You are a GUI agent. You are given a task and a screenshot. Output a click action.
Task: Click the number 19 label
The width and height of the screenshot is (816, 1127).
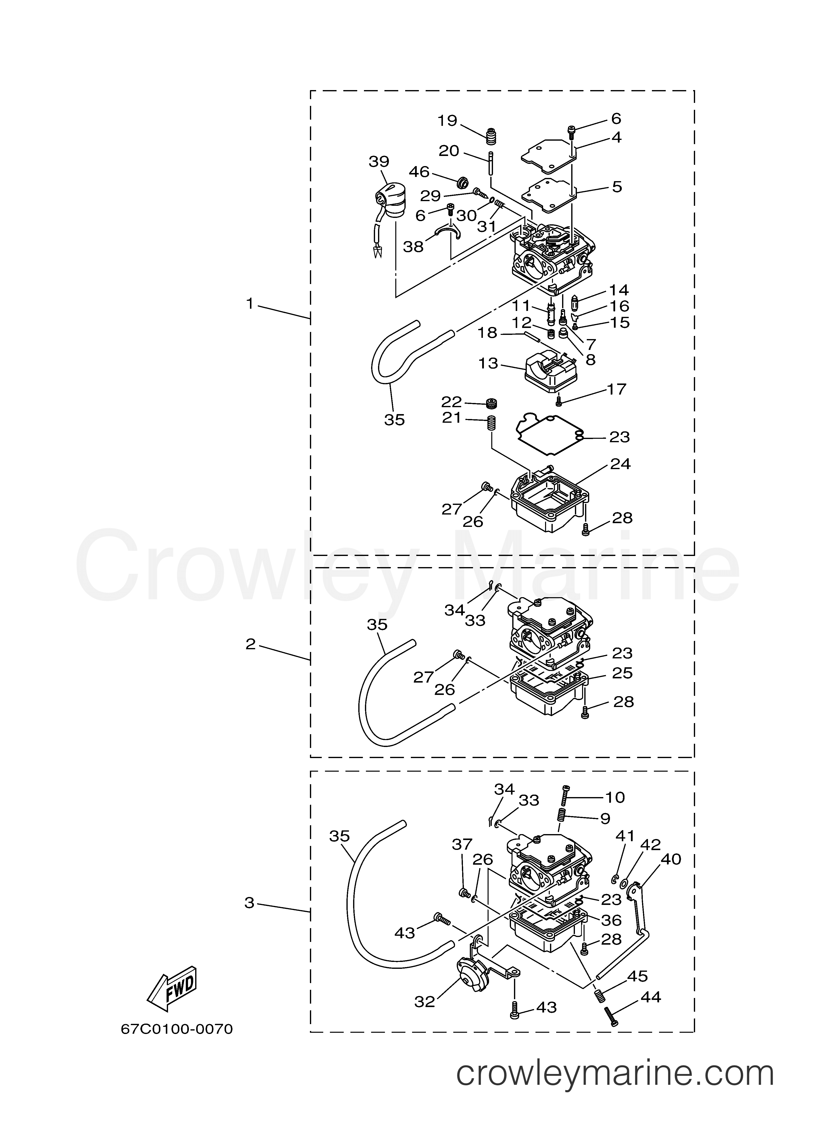pos(447,121)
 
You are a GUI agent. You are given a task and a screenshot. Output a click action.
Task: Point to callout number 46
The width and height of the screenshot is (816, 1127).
pos(419,172)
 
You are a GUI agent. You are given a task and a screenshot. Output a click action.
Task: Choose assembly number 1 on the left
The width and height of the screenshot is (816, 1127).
pos(250,303)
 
